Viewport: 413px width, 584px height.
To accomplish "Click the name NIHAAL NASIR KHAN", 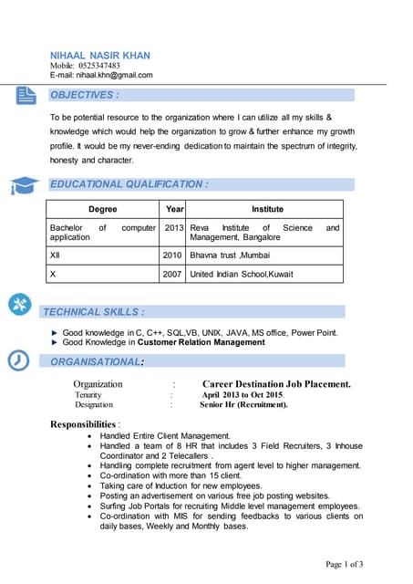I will coord(100,55).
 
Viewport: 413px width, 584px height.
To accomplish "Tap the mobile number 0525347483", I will coord(98,66).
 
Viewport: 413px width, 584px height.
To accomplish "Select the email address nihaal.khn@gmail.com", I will coord(114,75).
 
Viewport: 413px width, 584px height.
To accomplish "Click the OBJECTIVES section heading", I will coord(85,95).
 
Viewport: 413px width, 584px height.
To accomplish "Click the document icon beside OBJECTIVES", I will coord(26,94).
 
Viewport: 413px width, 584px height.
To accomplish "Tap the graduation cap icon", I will coord(23,185).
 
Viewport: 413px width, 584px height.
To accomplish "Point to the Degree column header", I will coord(102,209).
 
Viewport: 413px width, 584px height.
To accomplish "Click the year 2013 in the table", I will coord(174,228).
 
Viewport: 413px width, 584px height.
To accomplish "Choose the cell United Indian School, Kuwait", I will coord(242,274).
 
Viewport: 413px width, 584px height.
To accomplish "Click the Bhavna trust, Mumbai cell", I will coord(230,255).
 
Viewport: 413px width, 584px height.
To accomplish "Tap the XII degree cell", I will coord(57,255).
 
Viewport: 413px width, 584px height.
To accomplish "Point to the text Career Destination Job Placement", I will coord(276,384).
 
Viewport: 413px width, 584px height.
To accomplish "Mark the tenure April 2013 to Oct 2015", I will coord(243,394).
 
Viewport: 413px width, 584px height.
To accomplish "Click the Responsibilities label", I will coord(84,424).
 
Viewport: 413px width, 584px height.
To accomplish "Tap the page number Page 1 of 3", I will coord(345,565).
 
